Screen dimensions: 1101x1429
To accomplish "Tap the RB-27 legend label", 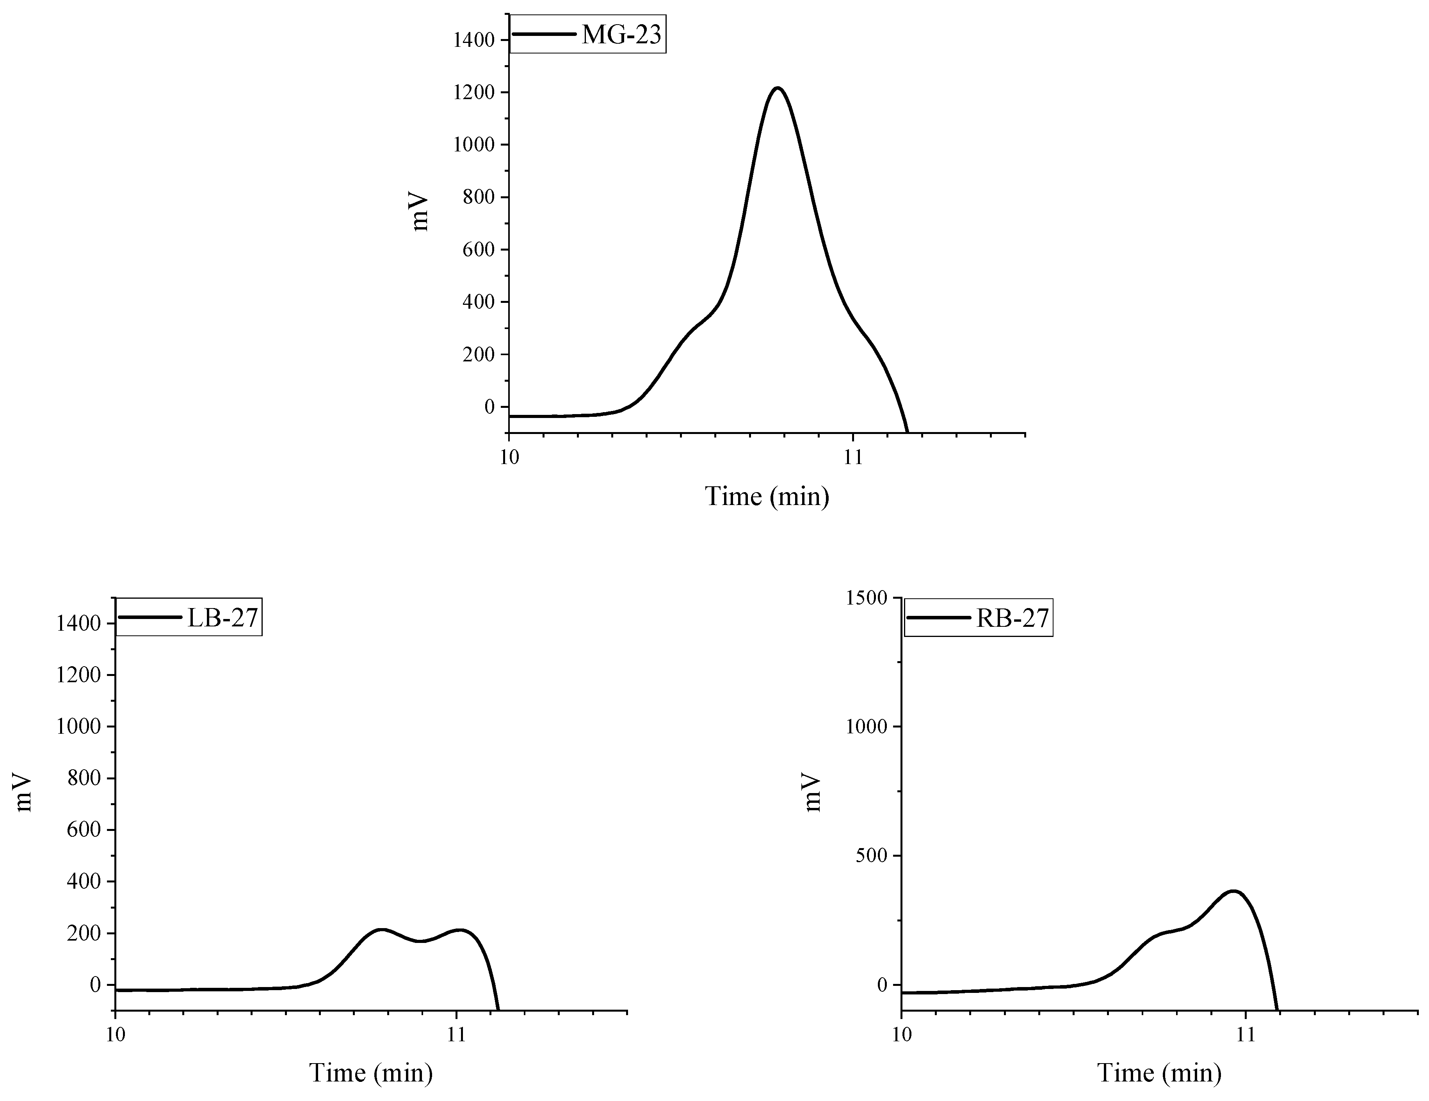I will (1012, 618).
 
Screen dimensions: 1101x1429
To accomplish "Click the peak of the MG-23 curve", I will (777, 88).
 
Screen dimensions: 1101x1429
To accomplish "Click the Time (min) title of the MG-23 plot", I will (767, 496).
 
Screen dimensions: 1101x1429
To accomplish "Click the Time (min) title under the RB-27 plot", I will (1159, 1073).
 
